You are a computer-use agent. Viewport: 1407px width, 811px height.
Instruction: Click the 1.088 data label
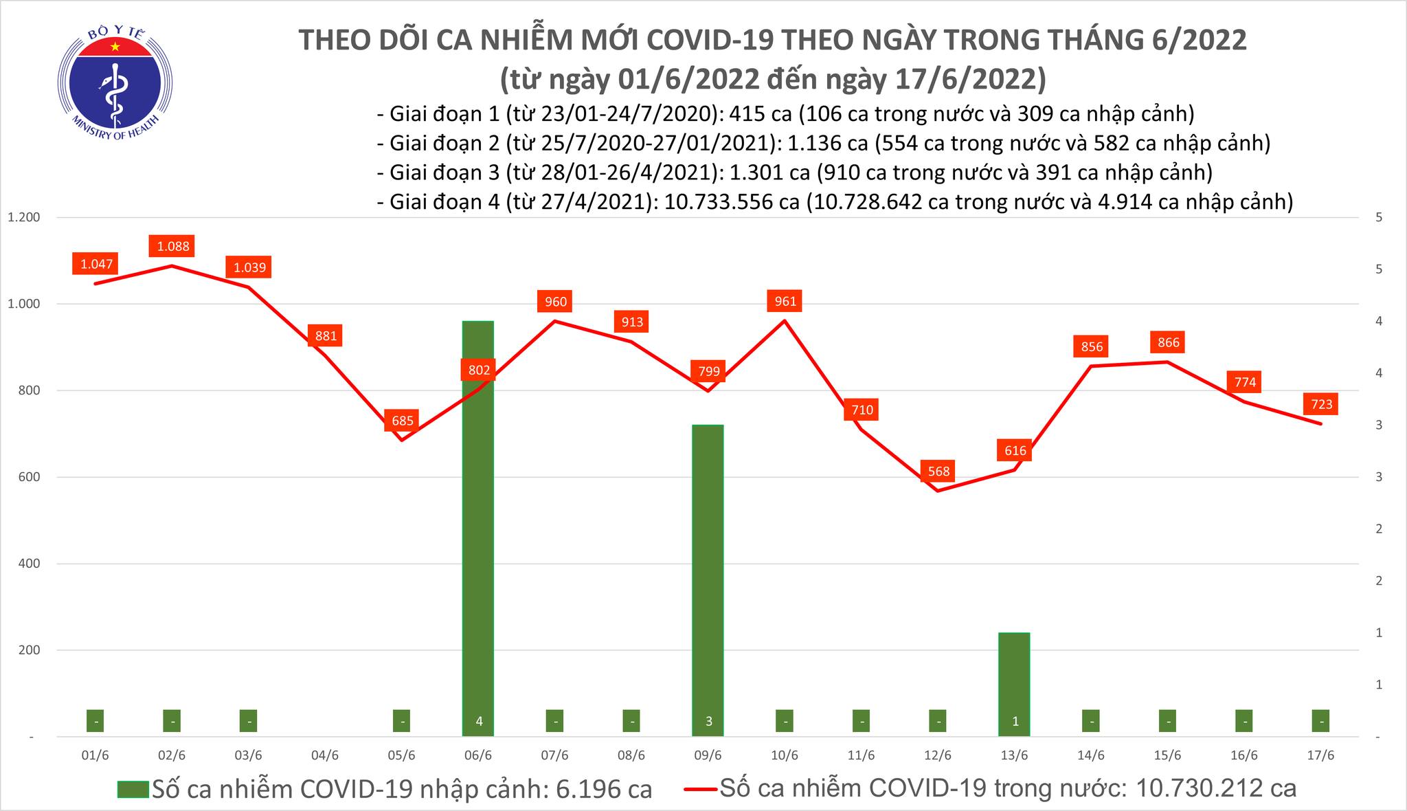172,246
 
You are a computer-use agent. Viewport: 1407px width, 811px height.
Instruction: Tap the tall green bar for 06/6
478,522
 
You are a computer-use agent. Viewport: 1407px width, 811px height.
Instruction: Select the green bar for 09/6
708,577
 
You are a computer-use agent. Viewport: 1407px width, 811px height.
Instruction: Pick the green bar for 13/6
1014,680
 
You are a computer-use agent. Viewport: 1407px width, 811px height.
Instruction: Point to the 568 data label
938,471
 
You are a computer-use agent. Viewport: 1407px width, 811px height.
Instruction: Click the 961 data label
785,301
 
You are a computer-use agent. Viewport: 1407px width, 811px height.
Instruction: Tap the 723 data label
1321,404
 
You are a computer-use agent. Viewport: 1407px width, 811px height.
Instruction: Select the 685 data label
403,420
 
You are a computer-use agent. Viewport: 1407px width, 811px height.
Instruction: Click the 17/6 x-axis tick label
1320,756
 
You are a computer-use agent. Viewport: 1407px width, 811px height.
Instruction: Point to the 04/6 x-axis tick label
325,756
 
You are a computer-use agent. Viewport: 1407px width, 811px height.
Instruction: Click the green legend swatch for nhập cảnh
133,790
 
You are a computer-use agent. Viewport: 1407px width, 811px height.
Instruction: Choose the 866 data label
1168,342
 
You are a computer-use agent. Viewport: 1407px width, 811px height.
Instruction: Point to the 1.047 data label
96,264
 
